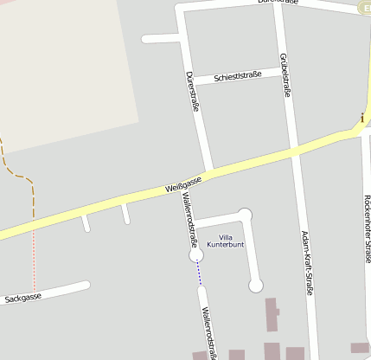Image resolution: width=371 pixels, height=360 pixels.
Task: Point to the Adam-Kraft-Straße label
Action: (305, 263)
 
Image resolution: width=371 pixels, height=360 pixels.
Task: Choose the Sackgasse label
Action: (23, 298)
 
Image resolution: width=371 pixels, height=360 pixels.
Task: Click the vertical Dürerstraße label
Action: (192, 91)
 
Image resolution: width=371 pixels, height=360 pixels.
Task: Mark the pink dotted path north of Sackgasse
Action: (34, 260)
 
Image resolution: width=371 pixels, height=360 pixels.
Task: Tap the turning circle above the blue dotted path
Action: (196, 256)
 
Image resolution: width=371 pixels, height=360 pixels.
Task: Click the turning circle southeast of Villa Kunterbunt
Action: (255, 285)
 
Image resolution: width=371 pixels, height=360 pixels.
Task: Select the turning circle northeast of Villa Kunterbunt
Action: (245, 214)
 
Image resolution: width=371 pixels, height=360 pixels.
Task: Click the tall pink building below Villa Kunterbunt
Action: (272, 315)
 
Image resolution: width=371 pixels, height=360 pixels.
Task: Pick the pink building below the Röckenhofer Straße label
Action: (360, 348)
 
